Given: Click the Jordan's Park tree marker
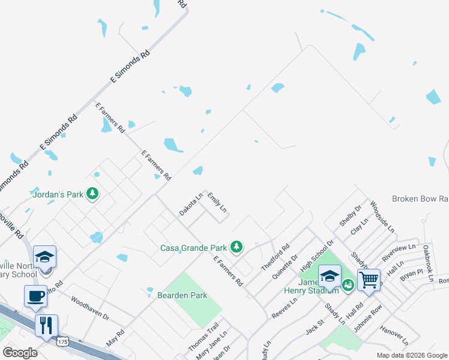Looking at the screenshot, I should (x=92, y=194).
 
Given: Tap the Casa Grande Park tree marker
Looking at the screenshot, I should (x=237, y=247).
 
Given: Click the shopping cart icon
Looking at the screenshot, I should (x=369, y=278).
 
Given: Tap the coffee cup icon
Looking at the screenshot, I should (x=35, y=296).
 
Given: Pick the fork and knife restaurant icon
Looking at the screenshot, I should (x=46, y=325).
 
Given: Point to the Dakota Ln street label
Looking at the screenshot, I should (x=191, y=204).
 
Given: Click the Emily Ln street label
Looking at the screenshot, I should (x=217, y=202).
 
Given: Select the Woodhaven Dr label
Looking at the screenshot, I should (x=90, y=307).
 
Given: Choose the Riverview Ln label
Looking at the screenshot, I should (x=399, y=252).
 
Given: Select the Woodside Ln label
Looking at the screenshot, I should (x=382, y=217).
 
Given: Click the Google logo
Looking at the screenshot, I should (x=20, y=352).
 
